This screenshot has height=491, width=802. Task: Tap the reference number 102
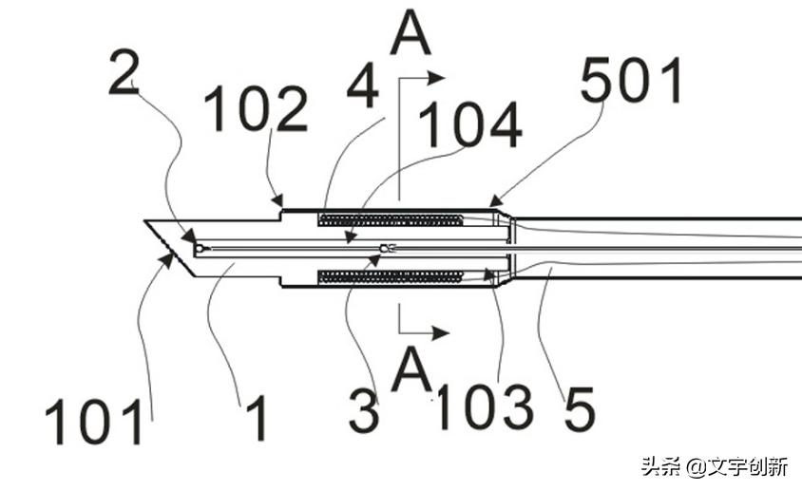[x=256, y=112]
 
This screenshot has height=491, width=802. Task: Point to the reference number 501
[x=633, y=82]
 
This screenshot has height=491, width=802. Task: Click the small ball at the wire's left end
[x=198, y=248]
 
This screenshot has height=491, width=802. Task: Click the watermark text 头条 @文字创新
[x=714, y=467]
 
